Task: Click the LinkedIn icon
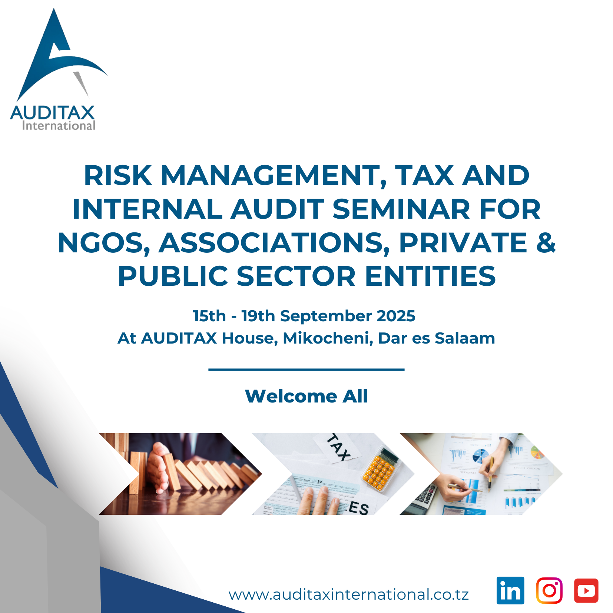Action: click(x=510, y=590)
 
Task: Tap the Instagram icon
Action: click(x=549, y=590)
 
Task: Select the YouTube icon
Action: click(x=586, y=590)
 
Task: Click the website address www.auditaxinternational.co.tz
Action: click(x=348, y=594)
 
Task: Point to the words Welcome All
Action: click(x=306, y=396)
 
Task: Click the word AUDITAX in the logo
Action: click(x=52, y=113)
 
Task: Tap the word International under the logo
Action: click(x=59, y=126)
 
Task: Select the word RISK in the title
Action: click(x=118, y=175)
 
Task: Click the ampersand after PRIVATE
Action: click(x=546, y=243)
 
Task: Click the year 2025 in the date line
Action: click(x=396, y=316)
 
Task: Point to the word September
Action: click(x=326, y=316)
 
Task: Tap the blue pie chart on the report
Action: click(x=481, y=456)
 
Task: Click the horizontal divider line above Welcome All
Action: click(x=306, y=370)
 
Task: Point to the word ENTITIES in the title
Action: click(x=430, y=276)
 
